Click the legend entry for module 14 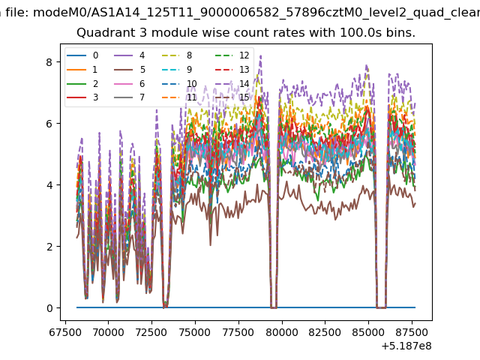(233, 83)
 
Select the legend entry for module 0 (82, 55)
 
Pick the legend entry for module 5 (130, 70)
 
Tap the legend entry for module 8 (177, 55)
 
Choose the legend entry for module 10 (179, 83)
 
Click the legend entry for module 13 (233, 70)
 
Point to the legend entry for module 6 (130, 83)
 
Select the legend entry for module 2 (82, 83)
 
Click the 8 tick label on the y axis (49, 62)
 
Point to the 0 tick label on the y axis (49, 308)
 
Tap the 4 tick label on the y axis (49, 185)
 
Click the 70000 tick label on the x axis (108, 332)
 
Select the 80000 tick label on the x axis (282, 332)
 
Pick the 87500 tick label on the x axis (412, 332)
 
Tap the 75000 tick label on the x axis (195, 332)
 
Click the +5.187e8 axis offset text (406, 346)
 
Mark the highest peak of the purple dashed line (260, 55)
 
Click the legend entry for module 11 (179, 97)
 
